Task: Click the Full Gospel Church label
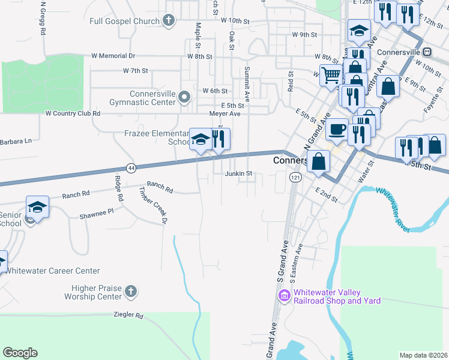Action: pyautogui.click(x=124, y=21)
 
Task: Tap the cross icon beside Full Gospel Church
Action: pyautogui.click(x=169, y=21)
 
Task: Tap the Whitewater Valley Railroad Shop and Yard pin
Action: pyautogui.click(x=283, y=296)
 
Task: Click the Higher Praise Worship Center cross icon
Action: pyautogui.click(x=130, y=292)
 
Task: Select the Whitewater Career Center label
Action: pyautogui.click(x=53, y=271)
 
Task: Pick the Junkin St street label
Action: pyautogui.click(x=237, y=174)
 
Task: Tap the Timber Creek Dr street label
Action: pyautogui.click(x=152, y=205)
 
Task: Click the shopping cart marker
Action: pyautogui.click(x=331, y=76)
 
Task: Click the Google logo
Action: pyautogui.click(x=20, y=353)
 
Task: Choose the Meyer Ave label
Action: pyautogui.click(x=224, y=113)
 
